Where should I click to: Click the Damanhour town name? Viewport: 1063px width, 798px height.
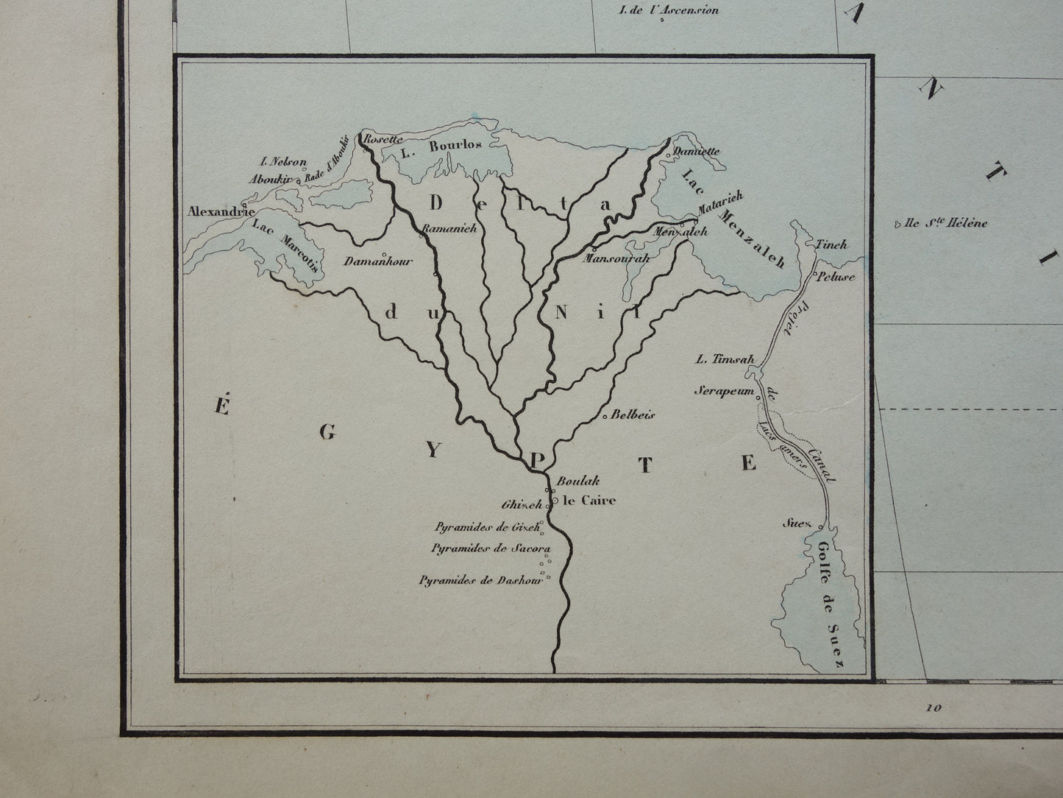tap(380, 261)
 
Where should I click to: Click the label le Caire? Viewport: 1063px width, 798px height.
tap(589, 501)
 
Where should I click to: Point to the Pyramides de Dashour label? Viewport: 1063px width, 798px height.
tap(480, 580)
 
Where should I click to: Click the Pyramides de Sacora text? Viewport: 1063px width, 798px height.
tap(491, 548)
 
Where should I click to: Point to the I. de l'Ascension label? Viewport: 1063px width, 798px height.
tap(669, 10)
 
